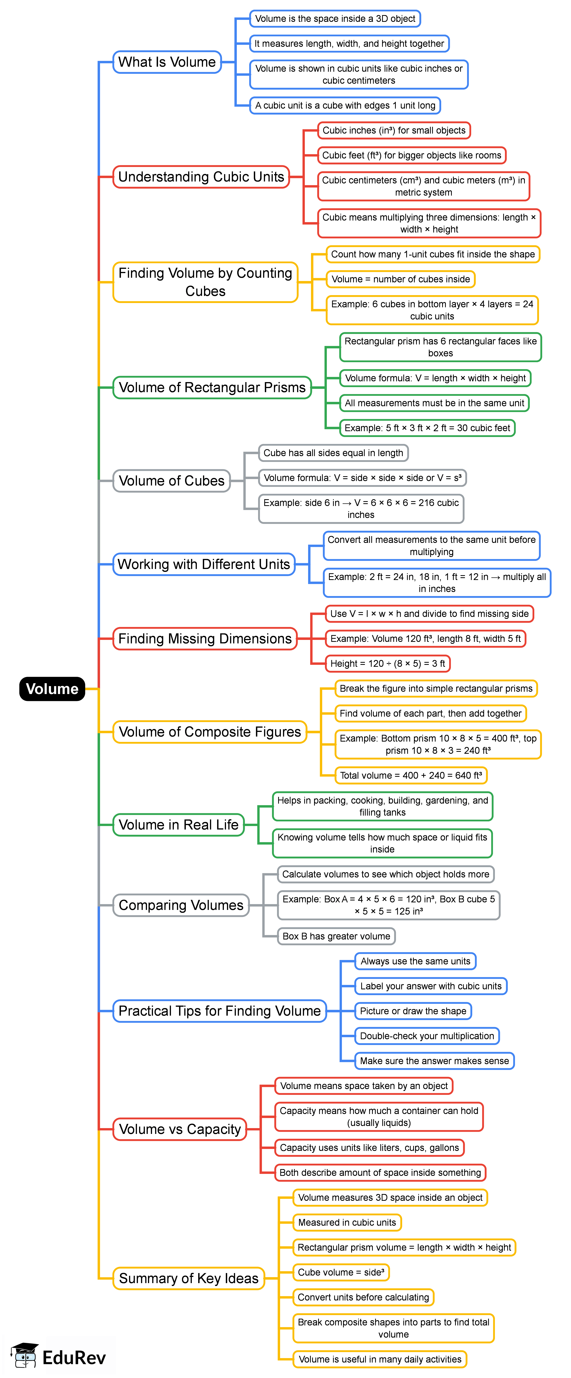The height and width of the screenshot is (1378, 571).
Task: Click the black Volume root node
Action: (52, 688)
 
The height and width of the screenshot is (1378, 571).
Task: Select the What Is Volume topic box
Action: (167, 62)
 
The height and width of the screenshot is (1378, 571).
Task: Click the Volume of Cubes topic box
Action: (171, 481)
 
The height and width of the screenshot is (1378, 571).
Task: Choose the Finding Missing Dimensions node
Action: (205, 639)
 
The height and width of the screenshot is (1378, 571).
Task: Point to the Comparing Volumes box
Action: (181, 905)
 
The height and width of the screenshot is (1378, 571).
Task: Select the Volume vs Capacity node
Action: (180, 1129)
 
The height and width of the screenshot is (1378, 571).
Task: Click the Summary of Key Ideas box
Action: (188, 1278)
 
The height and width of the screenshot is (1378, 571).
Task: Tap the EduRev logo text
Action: (74, 1357)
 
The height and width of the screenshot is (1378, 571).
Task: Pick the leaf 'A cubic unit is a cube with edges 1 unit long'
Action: (345, 105)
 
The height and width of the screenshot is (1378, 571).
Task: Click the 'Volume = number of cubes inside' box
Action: (400, 279)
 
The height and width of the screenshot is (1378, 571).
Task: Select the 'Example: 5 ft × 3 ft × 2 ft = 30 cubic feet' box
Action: (427, 428)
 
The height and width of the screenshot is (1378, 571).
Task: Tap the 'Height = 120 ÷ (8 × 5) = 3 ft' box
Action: (388, 663)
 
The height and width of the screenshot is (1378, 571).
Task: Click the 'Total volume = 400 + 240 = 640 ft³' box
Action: (411, 775)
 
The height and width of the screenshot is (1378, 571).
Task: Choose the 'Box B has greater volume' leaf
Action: (336, 936)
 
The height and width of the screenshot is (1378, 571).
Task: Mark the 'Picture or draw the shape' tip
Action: (413, 1011)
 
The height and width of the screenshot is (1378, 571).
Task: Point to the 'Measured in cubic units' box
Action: (347, 1222)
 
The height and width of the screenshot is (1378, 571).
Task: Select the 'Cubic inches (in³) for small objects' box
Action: (394, 130)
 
